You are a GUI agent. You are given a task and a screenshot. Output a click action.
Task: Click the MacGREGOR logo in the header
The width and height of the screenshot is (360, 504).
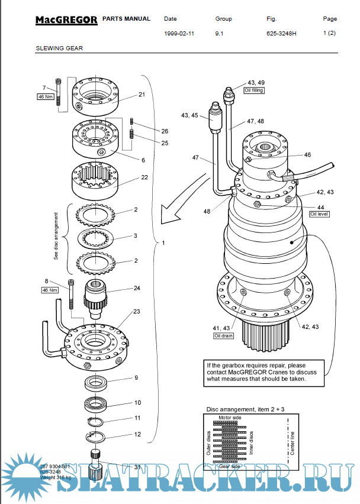tap(66, 20)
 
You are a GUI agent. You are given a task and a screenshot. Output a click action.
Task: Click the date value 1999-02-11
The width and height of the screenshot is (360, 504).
tap(179, 34)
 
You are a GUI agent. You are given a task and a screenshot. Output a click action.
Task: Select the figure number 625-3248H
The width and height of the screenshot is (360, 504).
tap(281, 34)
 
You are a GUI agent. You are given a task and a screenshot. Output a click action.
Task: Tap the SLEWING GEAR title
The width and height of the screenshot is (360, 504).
tap(59, 49)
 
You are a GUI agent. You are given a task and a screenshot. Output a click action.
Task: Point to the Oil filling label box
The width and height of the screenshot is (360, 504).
tap(254, 91)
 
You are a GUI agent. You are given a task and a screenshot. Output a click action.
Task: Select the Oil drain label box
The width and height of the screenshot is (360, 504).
tap(224, 335)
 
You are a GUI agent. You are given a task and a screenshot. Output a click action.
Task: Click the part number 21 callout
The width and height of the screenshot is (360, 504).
tap(142, 95)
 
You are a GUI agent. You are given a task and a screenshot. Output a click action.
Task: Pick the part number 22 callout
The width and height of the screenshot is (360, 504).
tap(144, 177)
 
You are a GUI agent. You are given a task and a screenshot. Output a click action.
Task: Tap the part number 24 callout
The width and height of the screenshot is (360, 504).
tap(137, 289)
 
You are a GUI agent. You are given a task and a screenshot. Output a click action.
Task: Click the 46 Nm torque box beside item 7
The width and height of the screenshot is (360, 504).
tap(46, 96)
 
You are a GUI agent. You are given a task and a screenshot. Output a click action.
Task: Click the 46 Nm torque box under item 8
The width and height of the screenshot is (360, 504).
tap(48, 290)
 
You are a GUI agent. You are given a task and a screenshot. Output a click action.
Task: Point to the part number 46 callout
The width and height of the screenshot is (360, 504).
tap(307, 154)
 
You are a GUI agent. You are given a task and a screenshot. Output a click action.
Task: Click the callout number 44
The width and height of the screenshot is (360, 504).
tap(321, 207)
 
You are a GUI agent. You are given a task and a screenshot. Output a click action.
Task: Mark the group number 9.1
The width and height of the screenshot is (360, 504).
tap(219, 34)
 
